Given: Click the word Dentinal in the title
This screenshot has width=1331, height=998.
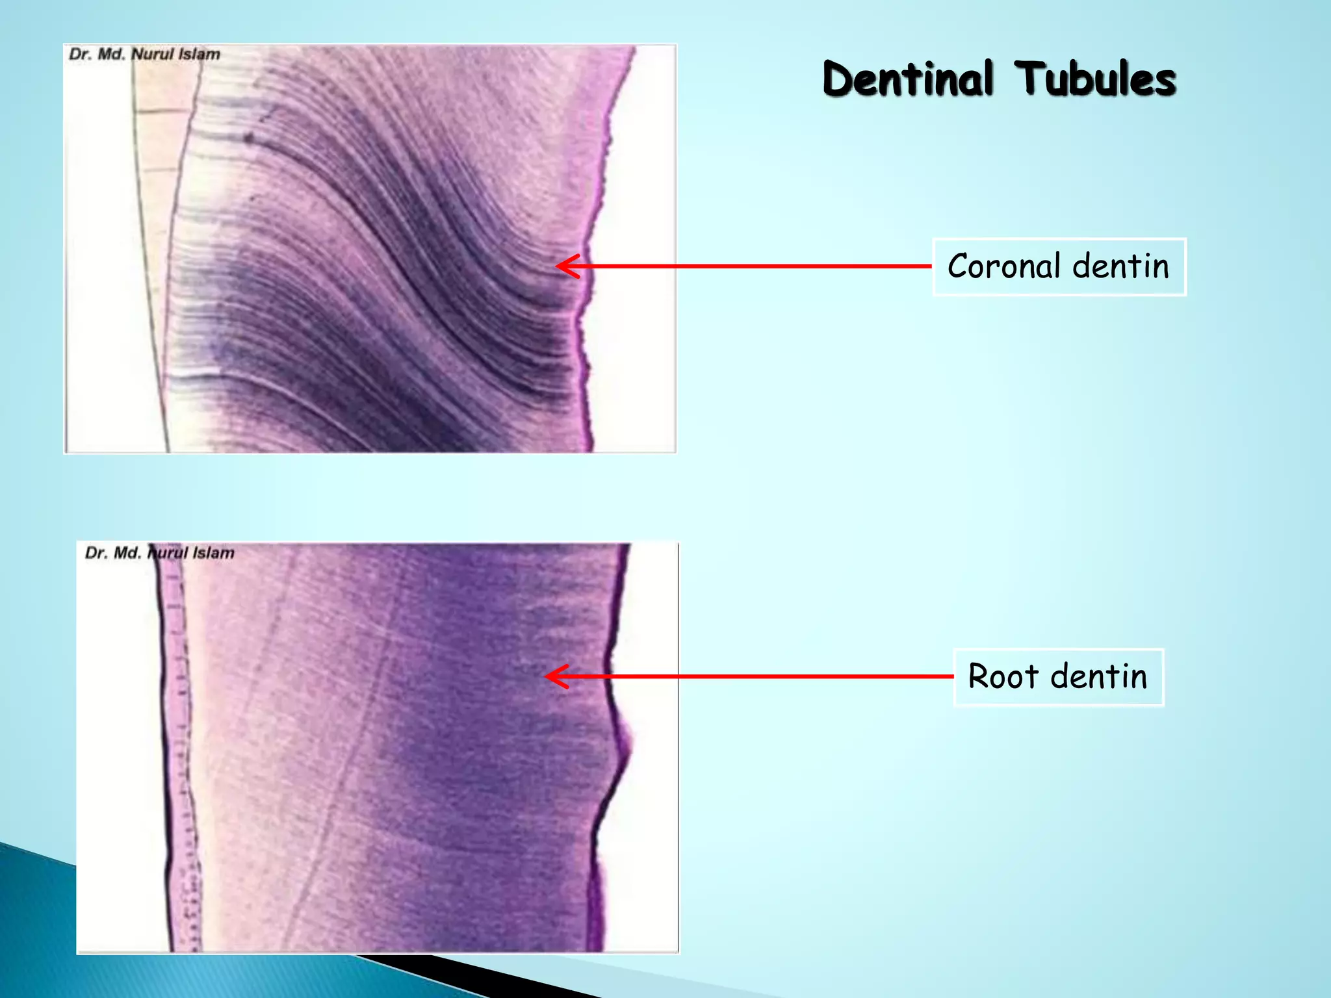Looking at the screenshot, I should [x=908, y=79].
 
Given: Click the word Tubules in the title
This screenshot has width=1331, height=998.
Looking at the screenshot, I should [x=1096, y=79].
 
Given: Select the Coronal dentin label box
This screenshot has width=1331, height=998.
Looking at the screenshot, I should [x=1059, y=267].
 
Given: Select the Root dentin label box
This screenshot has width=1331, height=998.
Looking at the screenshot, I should [x=1058, y=677].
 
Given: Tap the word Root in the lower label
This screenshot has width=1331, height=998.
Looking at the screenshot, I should [x=1003, y=676].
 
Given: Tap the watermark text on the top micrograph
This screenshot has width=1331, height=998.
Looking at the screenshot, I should [x=144, y=54].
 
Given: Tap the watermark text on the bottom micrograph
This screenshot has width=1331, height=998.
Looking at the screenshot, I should [x=159, y=553].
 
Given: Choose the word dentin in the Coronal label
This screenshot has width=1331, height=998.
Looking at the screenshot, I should [x=1120, y=266].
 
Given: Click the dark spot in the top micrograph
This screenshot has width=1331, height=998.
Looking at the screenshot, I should [x=248, y=138].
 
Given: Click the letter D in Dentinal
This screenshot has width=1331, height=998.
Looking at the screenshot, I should [x=838, y=79].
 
